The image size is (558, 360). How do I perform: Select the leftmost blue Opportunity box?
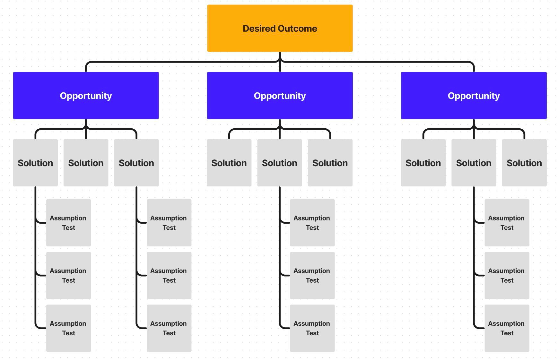(x=86, y=96)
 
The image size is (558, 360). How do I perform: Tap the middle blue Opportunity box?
(x=280, y=96)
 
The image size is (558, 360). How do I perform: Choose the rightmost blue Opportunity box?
(x=474, y=96)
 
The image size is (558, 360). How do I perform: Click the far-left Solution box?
(x=35, y=163)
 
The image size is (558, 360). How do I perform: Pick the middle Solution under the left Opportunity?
(x=86, y=163)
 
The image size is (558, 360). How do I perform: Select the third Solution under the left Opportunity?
(x=136, y=163)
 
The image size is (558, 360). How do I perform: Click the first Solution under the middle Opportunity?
(x=229, y=163)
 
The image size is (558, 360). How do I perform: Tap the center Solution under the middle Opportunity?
(x=280, y=163)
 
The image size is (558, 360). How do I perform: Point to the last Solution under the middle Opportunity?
(x=330, y=163)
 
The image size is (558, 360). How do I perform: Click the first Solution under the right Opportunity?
(x=423, y=163)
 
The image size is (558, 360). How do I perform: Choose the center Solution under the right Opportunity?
(x=474, y=163)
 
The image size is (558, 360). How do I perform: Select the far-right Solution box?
(x=524, y=163)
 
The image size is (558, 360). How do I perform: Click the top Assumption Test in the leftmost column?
(x=68, y=223)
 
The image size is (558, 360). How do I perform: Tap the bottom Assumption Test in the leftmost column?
(x=68, y=328)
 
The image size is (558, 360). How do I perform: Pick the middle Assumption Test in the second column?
(x=169, y=275)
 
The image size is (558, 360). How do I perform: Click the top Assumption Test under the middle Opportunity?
(x=312, y=223)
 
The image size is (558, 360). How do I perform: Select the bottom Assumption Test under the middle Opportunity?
(x=312, y=328)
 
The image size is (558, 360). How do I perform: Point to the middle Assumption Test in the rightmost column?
(x=507, y=275)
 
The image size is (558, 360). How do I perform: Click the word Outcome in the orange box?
(x=298, y=29)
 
